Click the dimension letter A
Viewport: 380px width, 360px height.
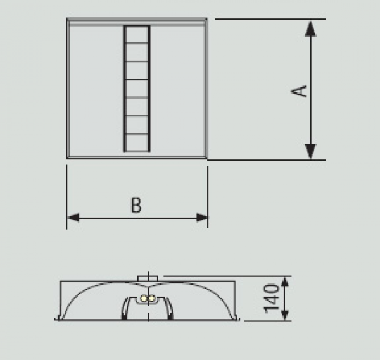click(298, 91)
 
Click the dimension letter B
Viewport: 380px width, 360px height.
click(136, 205)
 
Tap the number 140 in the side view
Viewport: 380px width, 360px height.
click(272, 299)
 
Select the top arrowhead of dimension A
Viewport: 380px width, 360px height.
click(310, 28)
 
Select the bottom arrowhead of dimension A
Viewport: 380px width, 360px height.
click(310, 152)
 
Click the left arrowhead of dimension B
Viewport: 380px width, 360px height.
click(73, 218)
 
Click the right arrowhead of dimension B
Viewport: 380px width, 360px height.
click(202, 218)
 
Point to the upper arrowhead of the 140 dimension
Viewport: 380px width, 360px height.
click(285, 282)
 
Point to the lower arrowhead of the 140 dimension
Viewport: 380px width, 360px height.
click(285, 316)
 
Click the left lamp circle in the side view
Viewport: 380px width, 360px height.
click(144, 299)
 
